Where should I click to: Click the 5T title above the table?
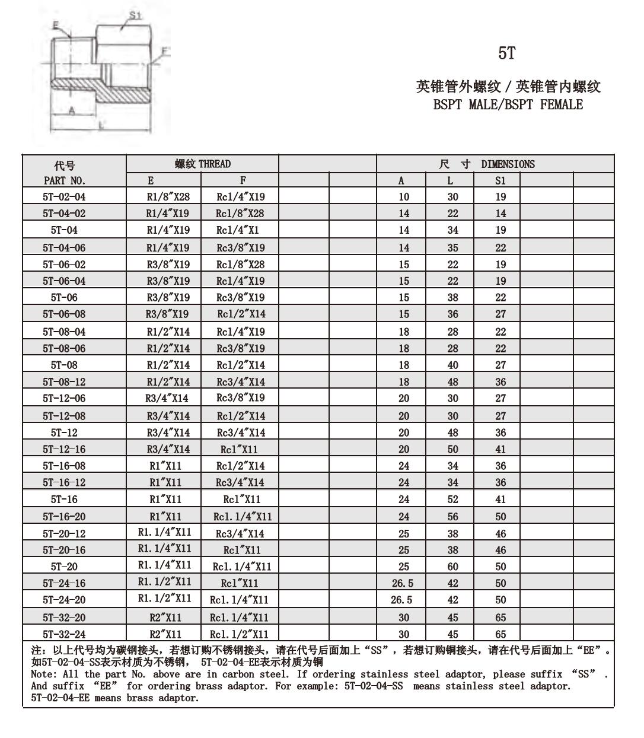506,54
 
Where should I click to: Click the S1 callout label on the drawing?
135,16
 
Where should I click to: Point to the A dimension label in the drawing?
72,111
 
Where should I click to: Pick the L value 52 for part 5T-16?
452,500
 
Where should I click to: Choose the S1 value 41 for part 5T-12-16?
500,450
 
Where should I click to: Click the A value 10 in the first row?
404,196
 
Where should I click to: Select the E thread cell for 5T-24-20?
165,599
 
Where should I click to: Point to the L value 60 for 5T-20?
452,567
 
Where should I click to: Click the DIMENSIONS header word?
508,164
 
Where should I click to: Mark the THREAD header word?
215,164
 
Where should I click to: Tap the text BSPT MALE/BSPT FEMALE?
508,105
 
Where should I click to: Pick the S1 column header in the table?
500,180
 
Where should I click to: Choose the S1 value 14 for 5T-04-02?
500,214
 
